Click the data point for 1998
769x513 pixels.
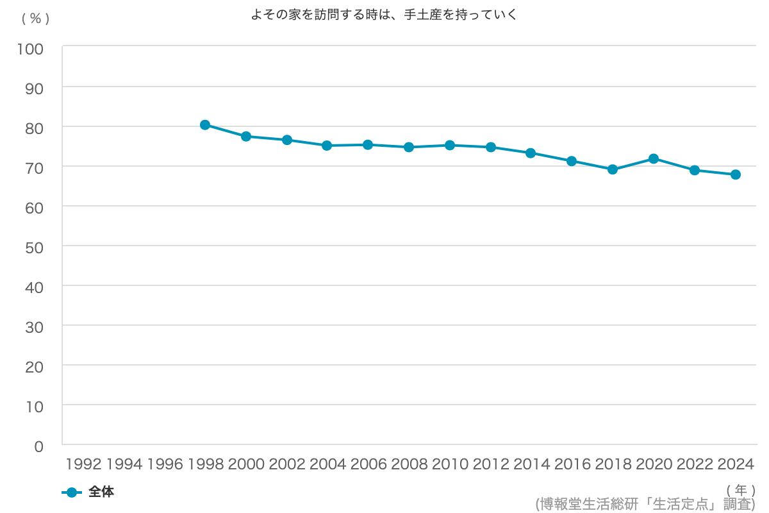coord(205,125)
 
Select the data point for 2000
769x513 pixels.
coord(246,137)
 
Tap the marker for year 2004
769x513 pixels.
coord(327,146)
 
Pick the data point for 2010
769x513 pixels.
coord(450,146)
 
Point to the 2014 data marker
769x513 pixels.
coord(531,153)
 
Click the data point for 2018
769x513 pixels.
coord(613,170)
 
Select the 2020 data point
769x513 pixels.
coord(654,158)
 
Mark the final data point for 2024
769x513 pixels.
coord(736,174)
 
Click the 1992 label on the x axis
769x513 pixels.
coord(84,464)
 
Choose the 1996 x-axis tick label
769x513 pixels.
coord(165,464)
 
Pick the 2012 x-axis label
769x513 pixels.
coord(491,464)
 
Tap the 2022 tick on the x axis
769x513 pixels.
coord(695,464)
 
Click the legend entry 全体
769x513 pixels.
coord(101,492)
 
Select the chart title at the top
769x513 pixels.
coord(384,15)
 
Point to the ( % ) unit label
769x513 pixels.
coord(35,19)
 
